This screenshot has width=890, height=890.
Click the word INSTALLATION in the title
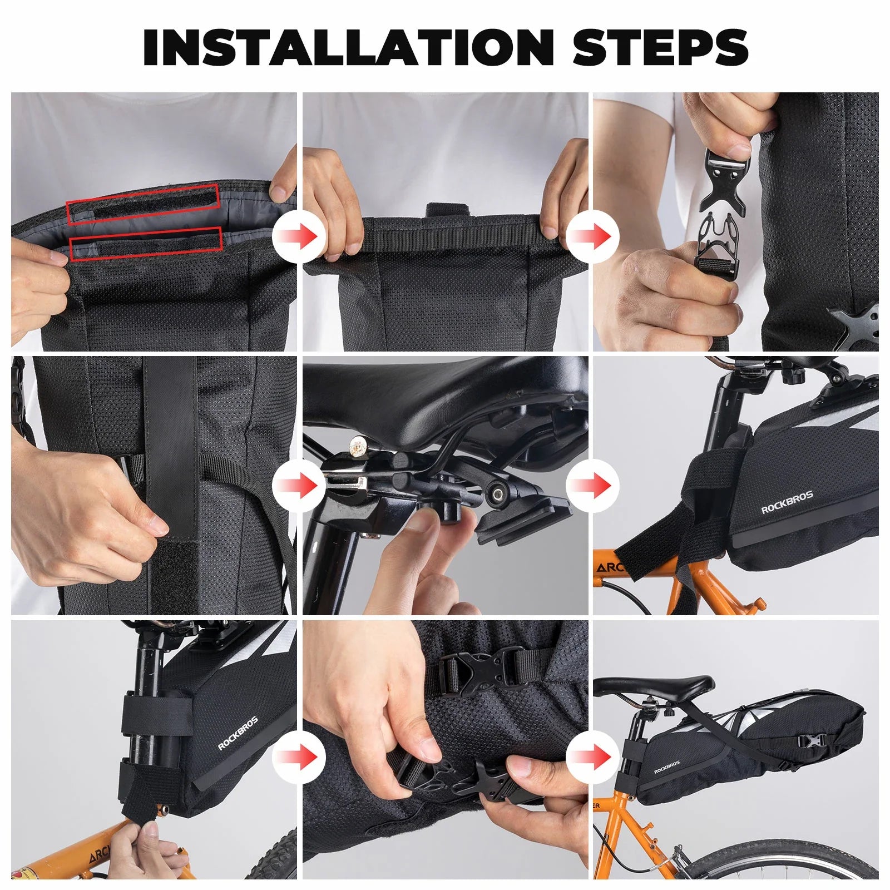tap(348, 47)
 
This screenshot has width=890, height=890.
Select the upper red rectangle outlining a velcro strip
tap(144, 204)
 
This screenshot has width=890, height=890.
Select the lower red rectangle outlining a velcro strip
tap(146, 244)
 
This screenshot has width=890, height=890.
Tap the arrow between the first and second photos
tap(299, 237)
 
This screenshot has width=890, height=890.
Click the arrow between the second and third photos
tap(593, 237)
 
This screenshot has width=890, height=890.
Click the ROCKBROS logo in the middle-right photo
tap(787, 502)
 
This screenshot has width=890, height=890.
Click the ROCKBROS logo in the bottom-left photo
tap(238, 734)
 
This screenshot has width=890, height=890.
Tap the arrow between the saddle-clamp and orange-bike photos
tap(593, 486)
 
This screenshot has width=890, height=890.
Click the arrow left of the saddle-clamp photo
tap(299, 486)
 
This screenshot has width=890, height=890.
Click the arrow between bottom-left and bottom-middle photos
tap(299, 756)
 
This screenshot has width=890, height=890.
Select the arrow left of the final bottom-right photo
tap(593, 756)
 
